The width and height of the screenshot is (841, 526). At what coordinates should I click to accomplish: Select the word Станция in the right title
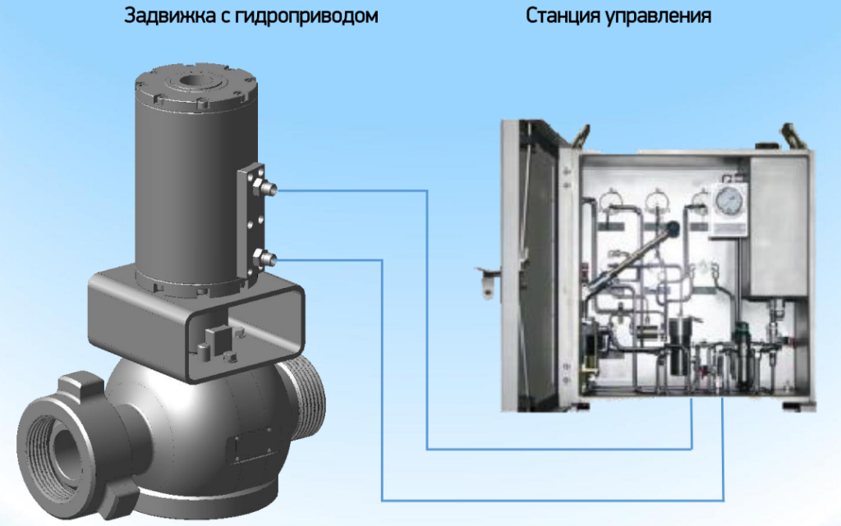click(x=563, y=16)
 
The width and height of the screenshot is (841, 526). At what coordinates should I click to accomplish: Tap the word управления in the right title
click(x=659, y=17)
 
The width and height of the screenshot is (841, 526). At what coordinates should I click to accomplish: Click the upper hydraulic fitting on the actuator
click(x=266, y=188)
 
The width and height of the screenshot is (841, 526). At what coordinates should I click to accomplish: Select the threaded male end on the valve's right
click(x=305, y=396)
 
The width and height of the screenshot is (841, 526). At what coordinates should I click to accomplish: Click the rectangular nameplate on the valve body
click(x=251, y=446)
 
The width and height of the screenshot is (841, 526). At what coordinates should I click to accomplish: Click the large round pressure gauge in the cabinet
click(x=729, y=201)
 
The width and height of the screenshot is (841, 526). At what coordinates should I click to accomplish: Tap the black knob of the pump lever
click(x=673, y=229)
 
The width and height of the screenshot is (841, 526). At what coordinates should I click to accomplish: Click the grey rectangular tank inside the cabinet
click(x=778, y=226)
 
